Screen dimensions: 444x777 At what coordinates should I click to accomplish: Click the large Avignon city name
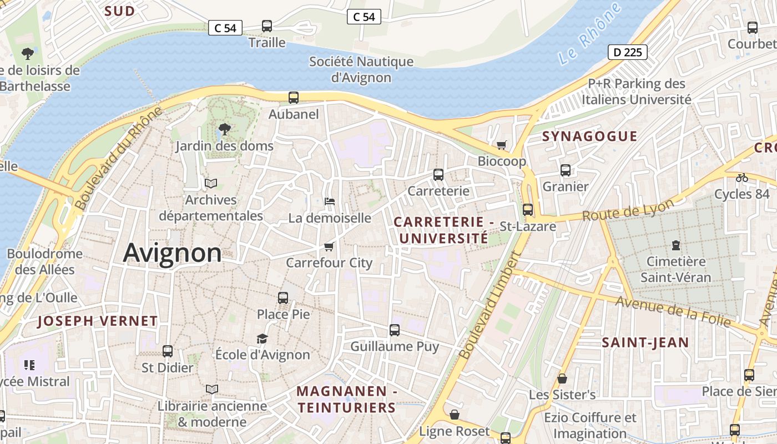point(172,253)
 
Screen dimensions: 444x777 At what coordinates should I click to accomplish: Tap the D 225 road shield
point(628,52)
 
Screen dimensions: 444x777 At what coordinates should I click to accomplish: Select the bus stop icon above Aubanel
point(294,98)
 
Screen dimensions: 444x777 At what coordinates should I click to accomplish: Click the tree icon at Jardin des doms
point(225,129)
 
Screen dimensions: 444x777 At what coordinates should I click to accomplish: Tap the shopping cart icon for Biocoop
point(502,145)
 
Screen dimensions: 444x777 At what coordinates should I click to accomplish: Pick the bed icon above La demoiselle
point(329,201)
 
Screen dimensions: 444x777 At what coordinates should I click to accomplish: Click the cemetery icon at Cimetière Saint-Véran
point(675,245)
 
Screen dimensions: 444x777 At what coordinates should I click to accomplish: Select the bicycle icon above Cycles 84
point(741,178)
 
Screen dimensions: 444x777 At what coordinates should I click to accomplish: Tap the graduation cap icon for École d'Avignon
point(262,338)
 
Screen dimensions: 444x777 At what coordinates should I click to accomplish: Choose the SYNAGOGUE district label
point(589,136)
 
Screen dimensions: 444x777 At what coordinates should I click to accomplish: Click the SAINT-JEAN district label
point(645,342)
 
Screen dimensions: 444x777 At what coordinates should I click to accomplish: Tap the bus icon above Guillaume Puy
point(395,330)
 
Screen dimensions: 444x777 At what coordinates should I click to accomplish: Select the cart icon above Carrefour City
point(329,246)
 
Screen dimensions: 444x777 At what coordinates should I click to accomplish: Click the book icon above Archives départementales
point(210,183)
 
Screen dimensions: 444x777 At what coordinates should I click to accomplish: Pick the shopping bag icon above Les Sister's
point(562,379)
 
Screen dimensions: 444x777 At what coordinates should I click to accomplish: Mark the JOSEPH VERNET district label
point(98,321)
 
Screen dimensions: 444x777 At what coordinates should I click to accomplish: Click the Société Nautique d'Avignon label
point(361,69)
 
